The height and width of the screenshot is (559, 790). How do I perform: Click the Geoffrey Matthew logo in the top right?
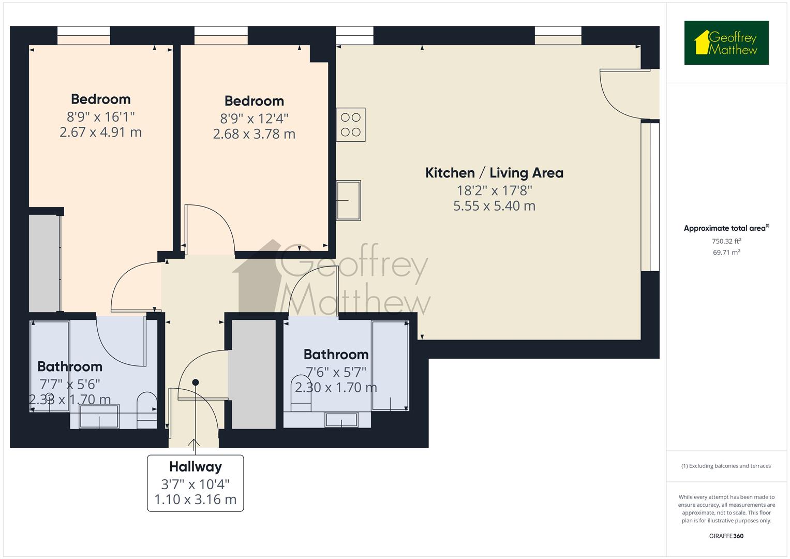point(726,43)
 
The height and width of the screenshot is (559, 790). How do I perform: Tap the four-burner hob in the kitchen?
point(351,125)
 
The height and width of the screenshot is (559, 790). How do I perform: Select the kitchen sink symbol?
point(349,200)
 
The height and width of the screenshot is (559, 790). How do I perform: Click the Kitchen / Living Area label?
point(494,173)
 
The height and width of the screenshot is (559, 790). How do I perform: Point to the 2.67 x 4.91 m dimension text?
point(100,133)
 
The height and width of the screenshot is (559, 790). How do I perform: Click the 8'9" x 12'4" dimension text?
point(254,119)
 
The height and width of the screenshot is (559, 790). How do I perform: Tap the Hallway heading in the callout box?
point(196,467)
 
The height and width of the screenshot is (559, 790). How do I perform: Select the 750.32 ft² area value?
point(726,241)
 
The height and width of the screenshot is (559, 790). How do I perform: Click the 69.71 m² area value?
point(726,253)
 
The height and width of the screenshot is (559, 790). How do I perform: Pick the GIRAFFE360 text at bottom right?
point(726,536)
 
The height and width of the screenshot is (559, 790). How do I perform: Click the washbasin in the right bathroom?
point(341,420)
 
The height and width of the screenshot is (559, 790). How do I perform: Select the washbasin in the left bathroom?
point(99,417)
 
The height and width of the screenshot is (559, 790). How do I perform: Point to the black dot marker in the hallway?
point(196,383)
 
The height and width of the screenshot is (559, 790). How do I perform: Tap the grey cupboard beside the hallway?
point(253,374)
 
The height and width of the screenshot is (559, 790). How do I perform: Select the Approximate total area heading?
point(726,228)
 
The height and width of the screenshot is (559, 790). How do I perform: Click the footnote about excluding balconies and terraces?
point(726,466)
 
